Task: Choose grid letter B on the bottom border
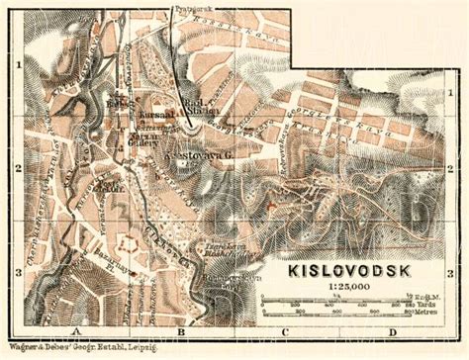coord(179,331)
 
